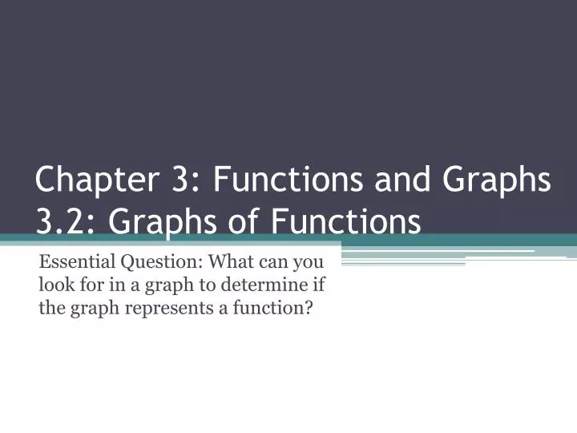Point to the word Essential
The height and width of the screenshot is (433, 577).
click(76, 261)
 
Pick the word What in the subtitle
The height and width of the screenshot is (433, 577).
click(227, 261)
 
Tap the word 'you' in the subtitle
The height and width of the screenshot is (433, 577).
click(308, 262)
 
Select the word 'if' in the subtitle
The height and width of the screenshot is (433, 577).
click(324, 284)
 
